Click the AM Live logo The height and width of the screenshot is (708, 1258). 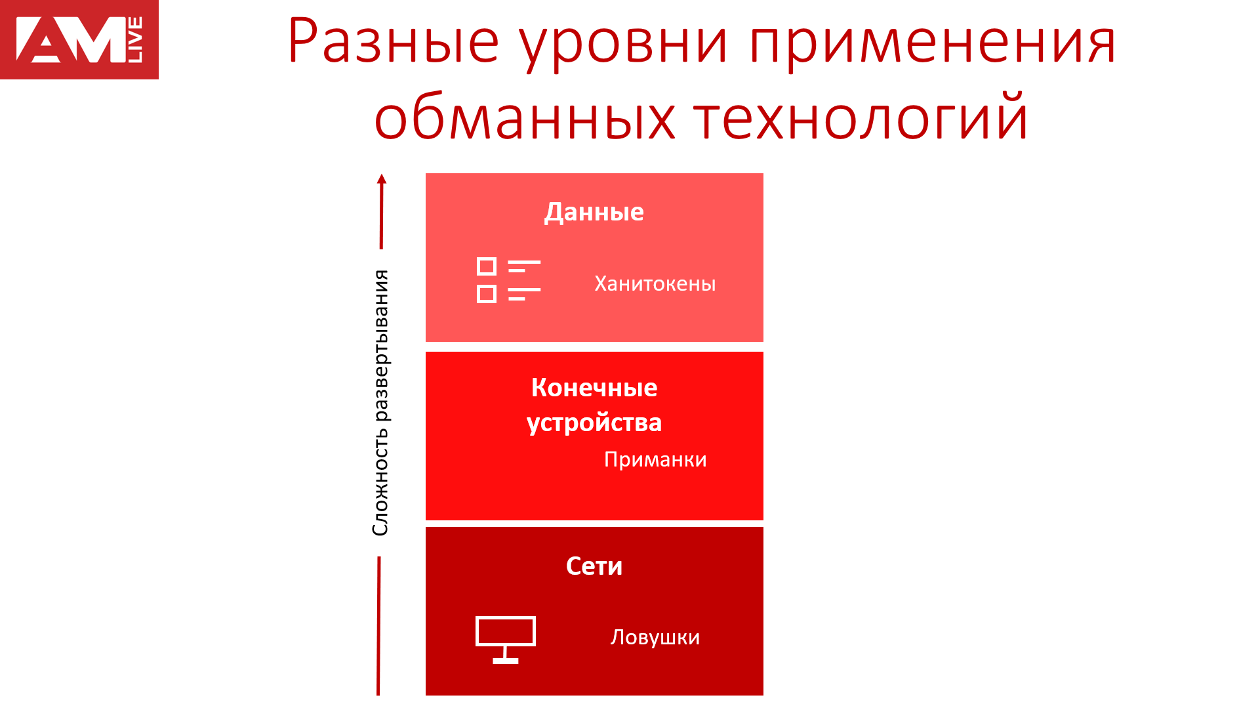coord(79,39)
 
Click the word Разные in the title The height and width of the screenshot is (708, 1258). coord(393,41)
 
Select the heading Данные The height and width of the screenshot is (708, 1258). coord(594,212)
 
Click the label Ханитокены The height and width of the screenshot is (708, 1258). coord(655,283)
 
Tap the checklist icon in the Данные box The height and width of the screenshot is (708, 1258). coord(508,280)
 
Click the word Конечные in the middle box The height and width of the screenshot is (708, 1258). coord(594,387)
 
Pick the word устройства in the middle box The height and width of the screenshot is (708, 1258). coord(594,423)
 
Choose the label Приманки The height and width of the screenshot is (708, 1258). coord(655,459)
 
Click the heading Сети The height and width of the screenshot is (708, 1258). coord(594,566)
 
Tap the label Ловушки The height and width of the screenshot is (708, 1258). coord(655,637)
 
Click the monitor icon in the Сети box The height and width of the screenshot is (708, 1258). coord(505,640)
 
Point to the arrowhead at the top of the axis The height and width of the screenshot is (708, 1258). coord(382,178)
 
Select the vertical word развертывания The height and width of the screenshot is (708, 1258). coord(380,346)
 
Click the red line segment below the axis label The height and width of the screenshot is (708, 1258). coord(378,625)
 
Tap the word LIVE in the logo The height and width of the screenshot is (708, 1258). coord(134,40)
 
